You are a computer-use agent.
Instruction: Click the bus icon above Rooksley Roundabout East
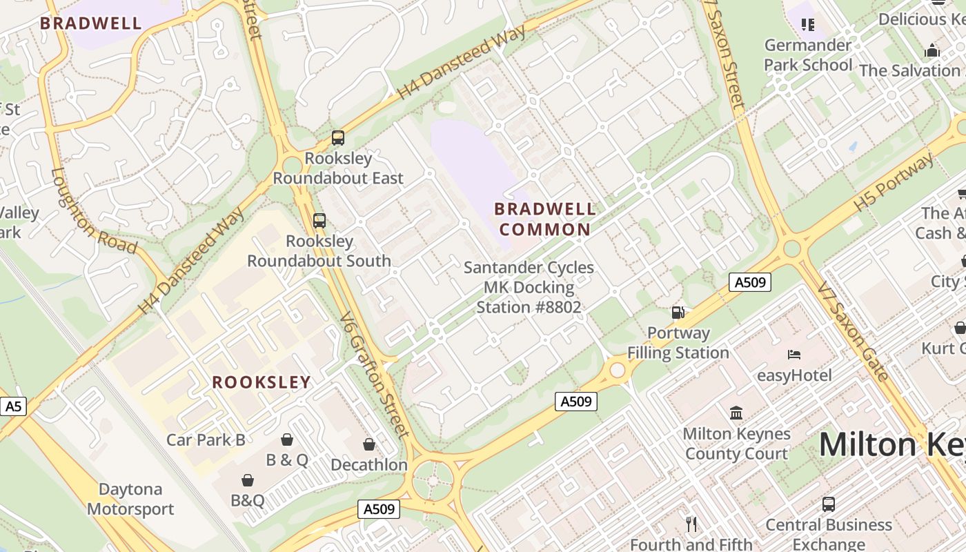(337, 138)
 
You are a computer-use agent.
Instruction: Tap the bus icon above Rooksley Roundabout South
(319, 221)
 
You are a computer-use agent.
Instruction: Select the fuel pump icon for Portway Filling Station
(678, 313)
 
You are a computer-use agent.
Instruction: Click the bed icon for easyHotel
(794, 355)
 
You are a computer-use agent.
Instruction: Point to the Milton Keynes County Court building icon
(736, 413)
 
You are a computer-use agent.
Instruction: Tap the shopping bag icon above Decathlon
(369, 444)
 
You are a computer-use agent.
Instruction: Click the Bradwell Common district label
(544, 219)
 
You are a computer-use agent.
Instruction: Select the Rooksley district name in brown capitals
(262, 382)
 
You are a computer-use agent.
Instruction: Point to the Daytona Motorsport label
(130, 499)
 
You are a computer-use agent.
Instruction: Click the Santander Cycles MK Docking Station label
(529, 287)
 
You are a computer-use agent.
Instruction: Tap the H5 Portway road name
(894, 183)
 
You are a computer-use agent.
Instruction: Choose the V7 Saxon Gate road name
(853, 331)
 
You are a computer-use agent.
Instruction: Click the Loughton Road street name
(93, 210)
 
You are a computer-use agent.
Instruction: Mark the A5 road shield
(13, 406)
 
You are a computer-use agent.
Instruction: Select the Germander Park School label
(808, 55)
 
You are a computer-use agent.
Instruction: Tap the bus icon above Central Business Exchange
(829, 504)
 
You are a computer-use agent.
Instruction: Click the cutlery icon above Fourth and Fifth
(691, 524)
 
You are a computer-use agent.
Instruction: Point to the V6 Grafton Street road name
(375, 375)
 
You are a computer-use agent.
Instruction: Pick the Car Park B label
(206, 440)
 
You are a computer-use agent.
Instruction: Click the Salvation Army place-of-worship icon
(932, 50)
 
